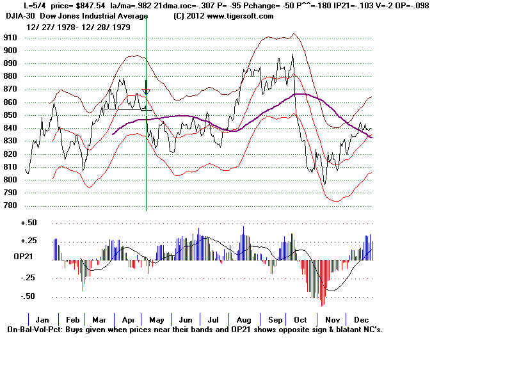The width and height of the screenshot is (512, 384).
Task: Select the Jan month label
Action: pos(42,319)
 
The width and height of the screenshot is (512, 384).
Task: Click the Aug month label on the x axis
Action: pos(244,319)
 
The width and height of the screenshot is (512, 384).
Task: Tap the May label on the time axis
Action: pos(156,319)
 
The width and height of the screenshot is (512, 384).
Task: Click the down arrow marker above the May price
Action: pos(146,88)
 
